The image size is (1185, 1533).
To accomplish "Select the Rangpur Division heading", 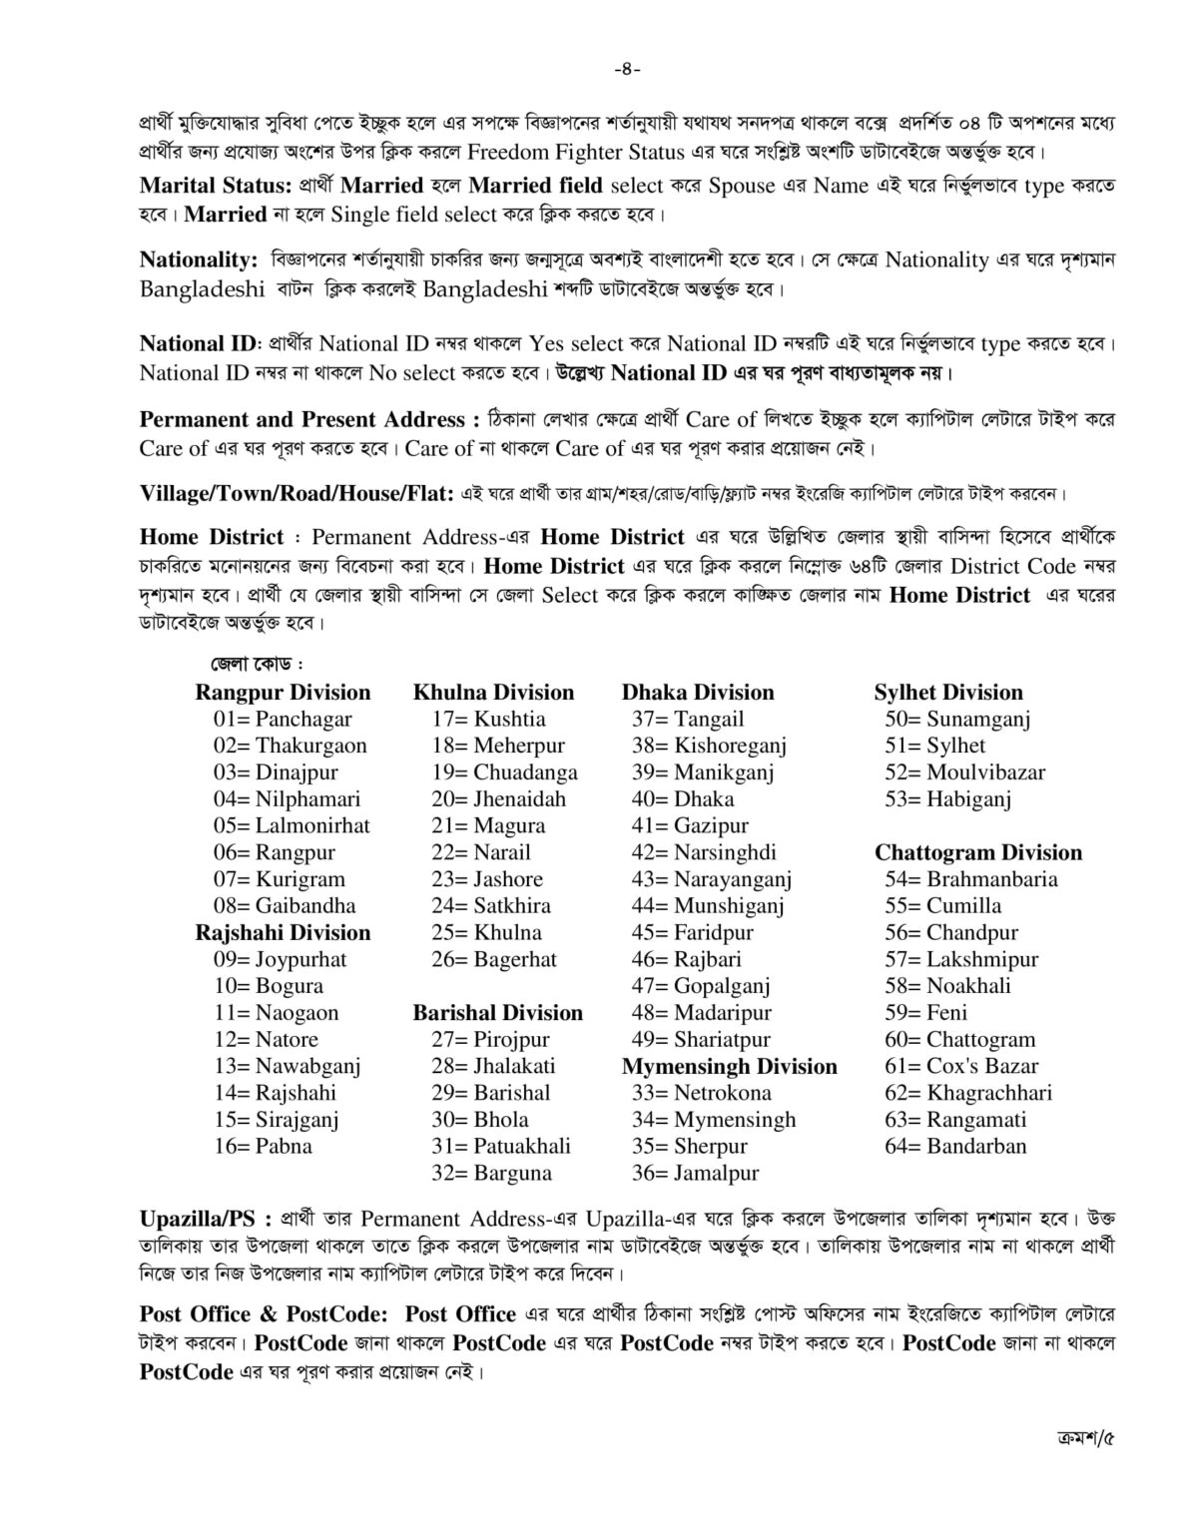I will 283,693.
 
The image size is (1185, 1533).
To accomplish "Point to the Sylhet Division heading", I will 948,693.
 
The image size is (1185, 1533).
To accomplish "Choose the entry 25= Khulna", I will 487,933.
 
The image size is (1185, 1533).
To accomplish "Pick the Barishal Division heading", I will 498,1013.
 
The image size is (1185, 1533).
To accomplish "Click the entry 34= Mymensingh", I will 714,1120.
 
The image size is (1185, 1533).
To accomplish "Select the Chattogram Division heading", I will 978,852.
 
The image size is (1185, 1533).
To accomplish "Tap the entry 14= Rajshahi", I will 275,1093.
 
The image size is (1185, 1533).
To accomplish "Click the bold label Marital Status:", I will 216,186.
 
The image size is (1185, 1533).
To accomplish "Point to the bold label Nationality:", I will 200,260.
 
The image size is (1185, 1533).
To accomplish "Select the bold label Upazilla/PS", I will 206,1220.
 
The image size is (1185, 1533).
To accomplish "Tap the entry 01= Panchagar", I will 283,719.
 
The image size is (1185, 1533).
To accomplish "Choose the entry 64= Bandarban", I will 955,1147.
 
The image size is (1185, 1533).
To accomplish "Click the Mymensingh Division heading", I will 730,1067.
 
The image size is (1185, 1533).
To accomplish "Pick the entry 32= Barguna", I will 491,1174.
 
